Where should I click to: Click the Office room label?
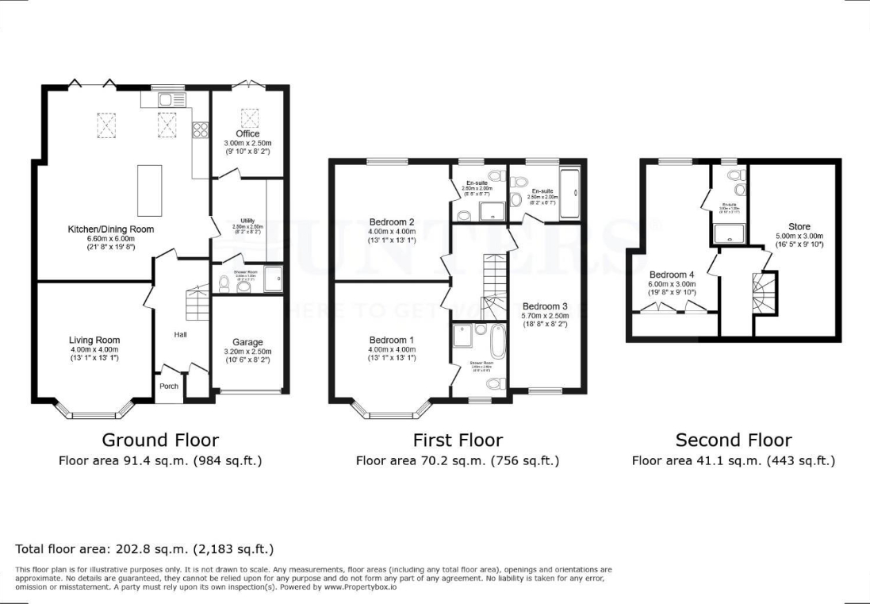(247, 133)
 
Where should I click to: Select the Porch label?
(169, 387)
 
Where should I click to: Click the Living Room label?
(94, 340)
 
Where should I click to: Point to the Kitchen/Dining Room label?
(110, 229)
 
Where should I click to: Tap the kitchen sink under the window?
(167, 99)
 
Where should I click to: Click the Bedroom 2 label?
(392, 222)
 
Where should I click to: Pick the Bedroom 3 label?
(545, 306)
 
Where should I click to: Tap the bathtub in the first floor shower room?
(497, 341)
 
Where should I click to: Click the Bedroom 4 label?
(672, 275)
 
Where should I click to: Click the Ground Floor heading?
(160, 440)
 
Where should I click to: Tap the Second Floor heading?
(733, 440)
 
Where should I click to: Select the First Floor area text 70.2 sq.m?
(457, 460)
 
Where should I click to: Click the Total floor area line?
(145, 548)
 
